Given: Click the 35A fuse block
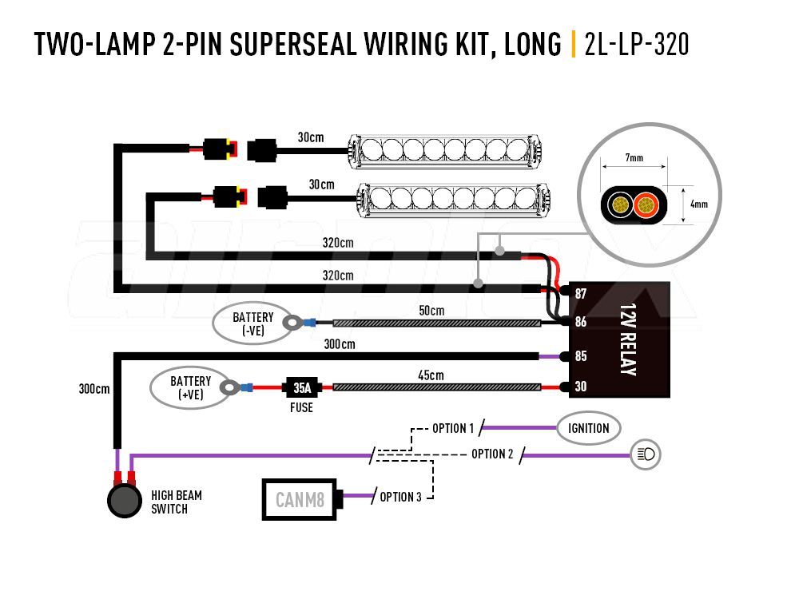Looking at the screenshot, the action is [302, 388].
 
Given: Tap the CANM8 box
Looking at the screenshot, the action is [300, 500].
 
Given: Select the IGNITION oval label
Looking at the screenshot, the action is [588, 428].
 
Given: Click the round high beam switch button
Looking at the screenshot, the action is [125, 501].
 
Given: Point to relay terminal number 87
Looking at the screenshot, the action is [580, 294].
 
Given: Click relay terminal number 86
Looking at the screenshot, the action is [580, 322].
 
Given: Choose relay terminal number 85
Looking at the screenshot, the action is [580, 356].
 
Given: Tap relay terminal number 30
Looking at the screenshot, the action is [580, 387].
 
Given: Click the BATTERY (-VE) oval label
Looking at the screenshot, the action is [252, 323].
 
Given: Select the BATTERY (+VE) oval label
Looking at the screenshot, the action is [191, 387].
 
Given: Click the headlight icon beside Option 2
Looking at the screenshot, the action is [646, 454].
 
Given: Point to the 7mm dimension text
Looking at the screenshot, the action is [634, 158].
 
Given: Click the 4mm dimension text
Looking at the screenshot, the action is [698, 204].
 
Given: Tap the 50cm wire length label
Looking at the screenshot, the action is [431, 311].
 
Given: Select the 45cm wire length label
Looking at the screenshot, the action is [431, 375].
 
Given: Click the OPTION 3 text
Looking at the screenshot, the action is [400, 497].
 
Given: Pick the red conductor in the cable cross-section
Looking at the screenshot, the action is [646, 205].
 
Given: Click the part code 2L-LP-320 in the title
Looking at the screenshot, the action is [637, 44].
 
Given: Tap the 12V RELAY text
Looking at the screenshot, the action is [628, 339].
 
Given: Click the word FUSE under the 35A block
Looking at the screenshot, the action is [301, 407].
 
